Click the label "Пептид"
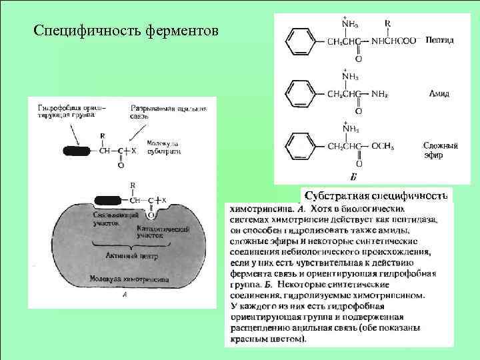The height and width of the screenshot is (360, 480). coord(439,41)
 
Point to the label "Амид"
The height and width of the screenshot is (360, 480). coord(438,94)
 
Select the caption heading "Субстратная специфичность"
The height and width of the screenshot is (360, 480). coord(375,195)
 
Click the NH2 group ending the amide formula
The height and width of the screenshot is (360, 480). coord(380,95)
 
